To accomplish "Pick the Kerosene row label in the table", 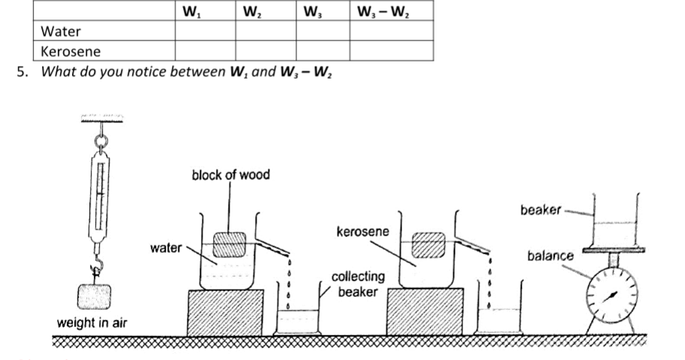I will (x=71, y=52).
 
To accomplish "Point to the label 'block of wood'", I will (x=230, y=175).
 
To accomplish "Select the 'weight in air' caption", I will (x=92, y=323).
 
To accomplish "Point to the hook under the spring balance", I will (x=97, y=265).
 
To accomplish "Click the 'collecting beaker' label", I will (x=358, y=284).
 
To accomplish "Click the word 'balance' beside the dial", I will (x=550, y=256).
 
